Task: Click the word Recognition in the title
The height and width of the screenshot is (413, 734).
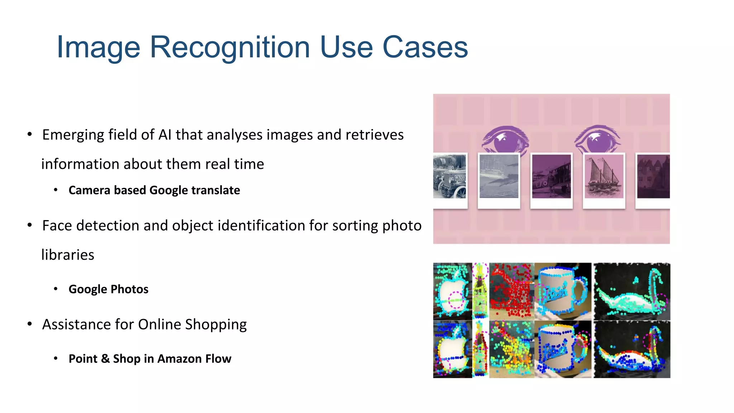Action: [x=229, y=47]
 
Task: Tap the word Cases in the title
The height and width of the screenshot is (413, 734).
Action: [x=425, y=47]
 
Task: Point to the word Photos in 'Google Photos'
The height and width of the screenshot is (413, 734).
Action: [x=129, y=289]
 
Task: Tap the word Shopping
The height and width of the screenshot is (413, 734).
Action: [x=216, y=324]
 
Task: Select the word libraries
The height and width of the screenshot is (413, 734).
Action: [x=68, y=255]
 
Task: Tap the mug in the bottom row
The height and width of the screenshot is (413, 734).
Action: [x=561, y=350]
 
